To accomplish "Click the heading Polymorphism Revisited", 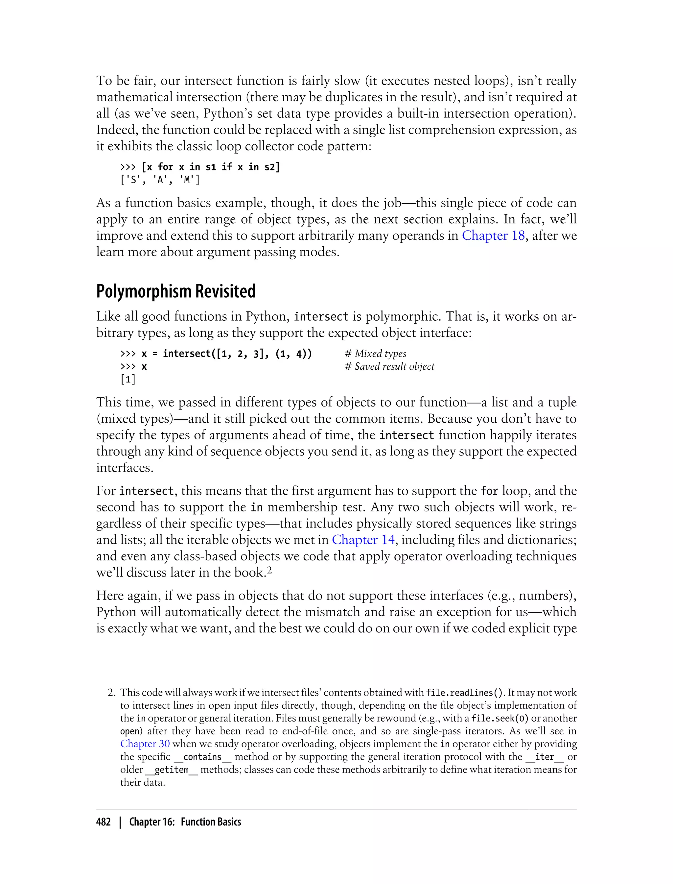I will click(175, 291).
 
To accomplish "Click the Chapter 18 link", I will click(493, 235).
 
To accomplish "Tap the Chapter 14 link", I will click(363, 540).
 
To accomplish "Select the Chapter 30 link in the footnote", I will click(145, 744).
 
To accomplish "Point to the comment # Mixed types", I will click(375, 353).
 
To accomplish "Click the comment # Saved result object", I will click(389, 366).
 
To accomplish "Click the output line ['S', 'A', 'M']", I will click(160, 180).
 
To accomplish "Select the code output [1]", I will click(128, 379).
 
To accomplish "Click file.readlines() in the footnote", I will click(465, 692).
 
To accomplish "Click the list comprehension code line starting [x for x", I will click(211, 167).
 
